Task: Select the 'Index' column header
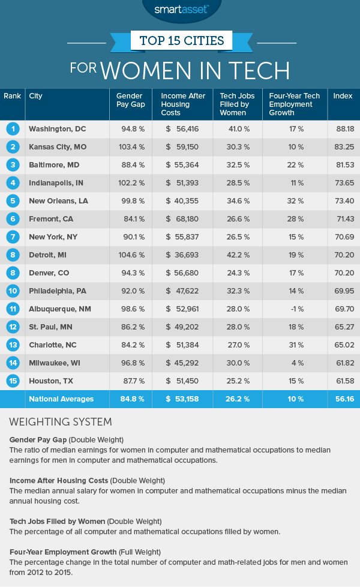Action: pyautogui.click(x=343, y=96)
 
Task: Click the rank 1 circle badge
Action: pyautogui.click(x=12, y=128)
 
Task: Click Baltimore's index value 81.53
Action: pyautogui.click(x=343, y=164)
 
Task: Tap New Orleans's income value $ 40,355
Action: pyautogui.click(x=180, y=200)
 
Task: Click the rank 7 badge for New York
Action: pyautogui.click(x=12, y=236)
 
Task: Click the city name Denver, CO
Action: pyautogui.click(x=49, y=272)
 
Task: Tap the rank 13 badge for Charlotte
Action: pyautogui.click(x=12, y=345)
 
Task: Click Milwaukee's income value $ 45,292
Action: pyautogui.click(x=180, y=363)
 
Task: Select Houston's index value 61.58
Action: pyautogui.click(x=343, y=381)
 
